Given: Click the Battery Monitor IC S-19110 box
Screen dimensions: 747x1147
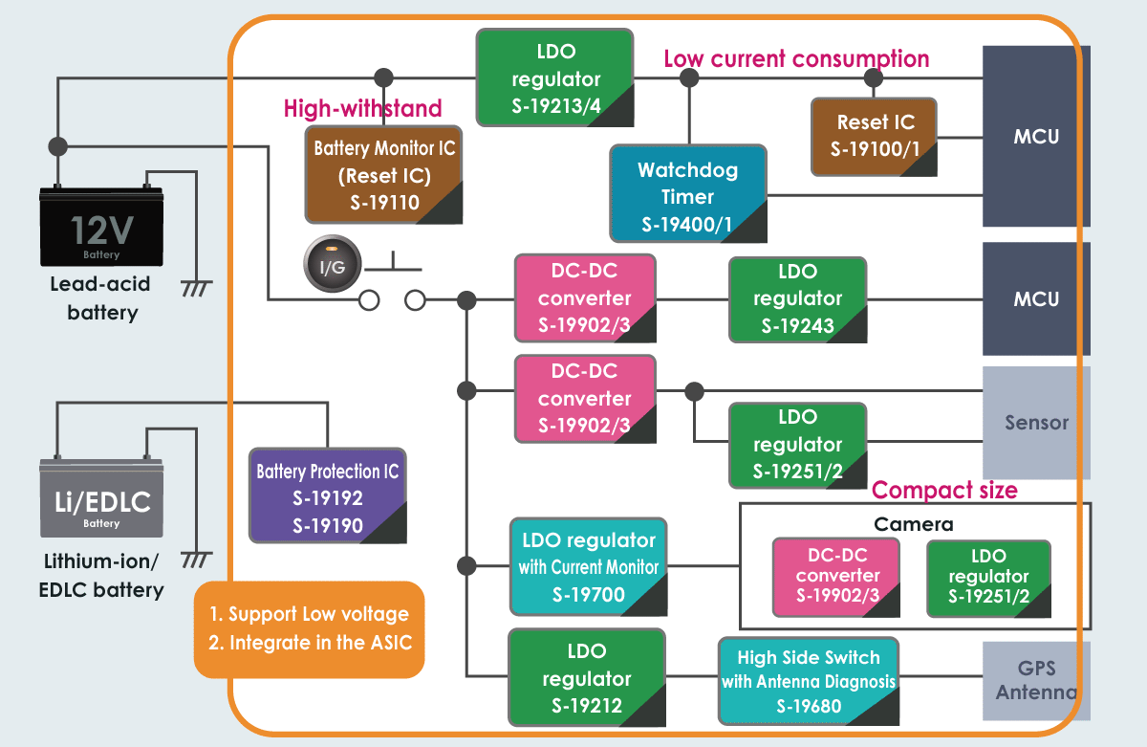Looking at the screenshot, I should coord(383,175).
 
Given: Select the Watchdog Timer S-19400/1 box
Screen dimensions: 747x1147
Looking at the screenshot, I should coord(687,196).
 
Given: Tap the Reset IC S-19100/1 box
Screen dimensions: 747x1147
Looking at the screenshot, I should coord(874,136).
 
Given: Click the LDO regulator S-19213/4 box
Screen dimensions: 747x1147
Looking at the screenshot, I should coord(554,78).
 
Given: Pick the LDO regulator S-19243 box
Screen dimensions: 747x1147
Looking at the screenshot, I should coord(797,298).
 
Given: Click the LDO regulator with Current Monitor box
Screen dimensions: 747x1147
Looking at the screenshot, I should coord(588,567).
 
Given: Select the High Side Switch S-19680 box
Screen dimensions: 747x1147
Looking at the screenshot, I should coord(808,681).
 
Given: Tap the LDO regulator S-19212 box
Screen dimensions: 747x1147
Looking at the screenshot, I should coord(586,678).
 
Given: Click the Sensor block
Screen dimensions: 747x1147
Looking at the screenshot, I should coord(1036,422).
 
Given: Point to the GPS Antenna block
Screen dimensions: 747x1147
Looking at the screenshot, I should coord(1036,680).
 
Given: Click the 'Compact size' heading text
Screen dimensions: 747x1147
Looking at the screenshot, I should coord(944,491).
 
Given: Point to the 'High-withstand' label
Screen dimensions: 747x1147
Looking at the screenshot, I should coord(362,108).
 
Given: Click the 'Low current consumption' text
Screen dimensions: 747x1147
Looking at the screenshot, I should coord(796,59).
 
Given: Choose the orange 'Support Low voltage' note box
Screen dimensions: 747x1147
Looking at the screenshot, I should coord(309,629).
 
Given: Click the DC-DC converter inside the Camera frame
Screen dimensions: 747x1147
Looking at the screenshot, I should coord(836,576).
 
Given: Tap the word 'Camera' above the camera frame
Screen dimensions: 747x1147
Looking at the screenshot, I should coord(913,524).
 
